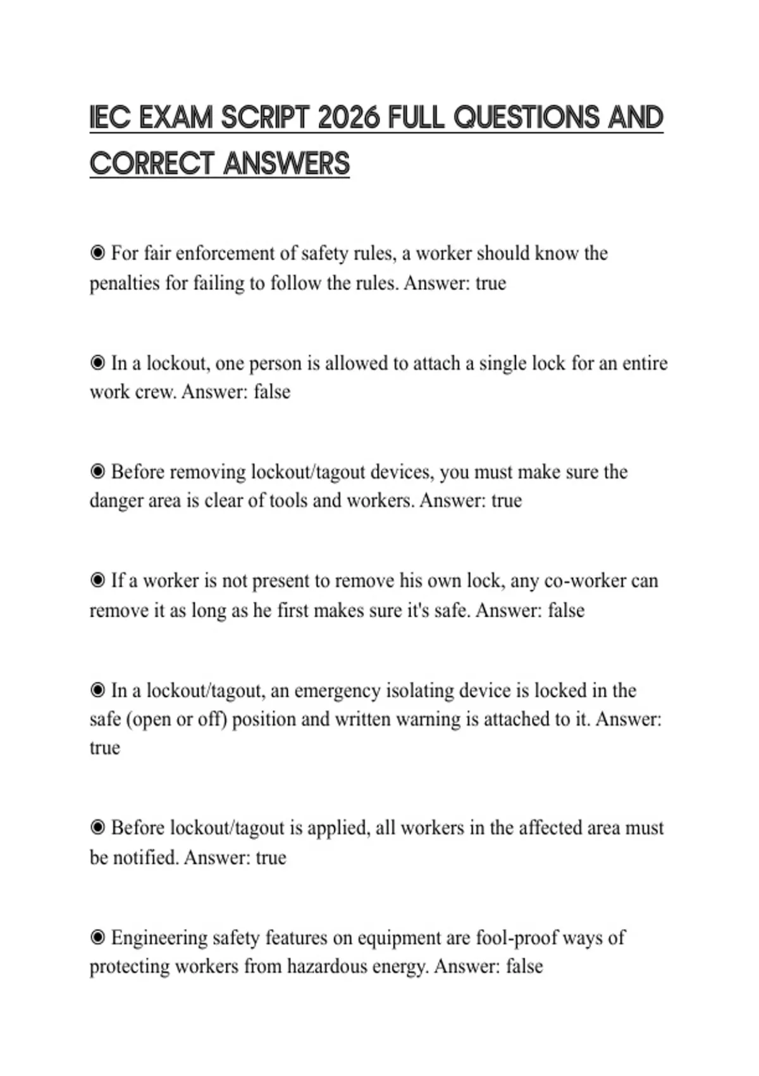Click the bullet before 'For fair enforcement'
(97, 253)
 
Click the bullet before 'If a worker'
(97, 580)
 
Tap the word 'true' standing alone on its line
(104, 748)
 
